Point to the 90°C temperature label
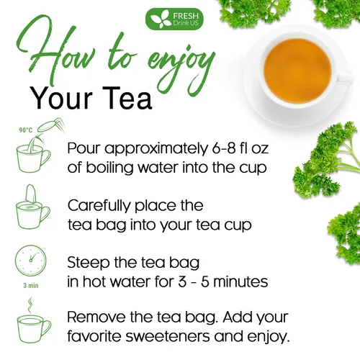click(26, 130)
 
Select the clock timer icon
click(30, 261)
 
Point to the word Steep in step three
click(89, 261)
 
